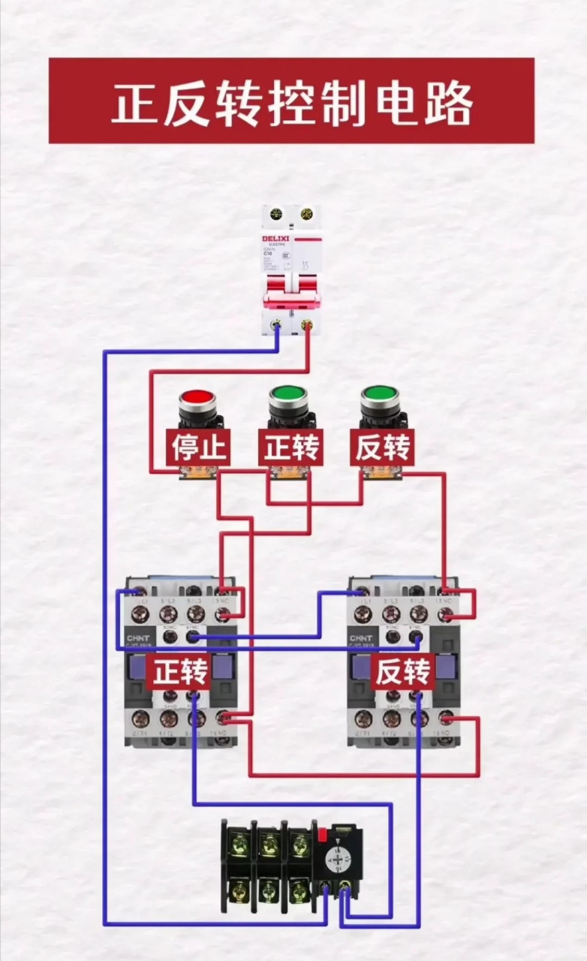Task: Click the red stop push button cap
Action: [x=197, y=397]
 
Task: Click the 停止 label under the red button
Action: [x=198, y=448]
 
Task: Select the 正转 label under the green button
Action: [x=291, y=448]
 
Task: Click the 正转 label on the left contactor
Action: [x=180, y=673]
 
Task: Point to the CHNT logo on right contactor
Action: [x=359, y=639]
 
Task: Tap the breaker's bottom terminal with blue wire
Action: [x=277, y=325]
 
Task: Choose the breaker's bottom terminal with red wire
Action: [x=306, y=325]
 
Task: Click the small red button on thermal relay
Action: [x=324, y=834]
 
